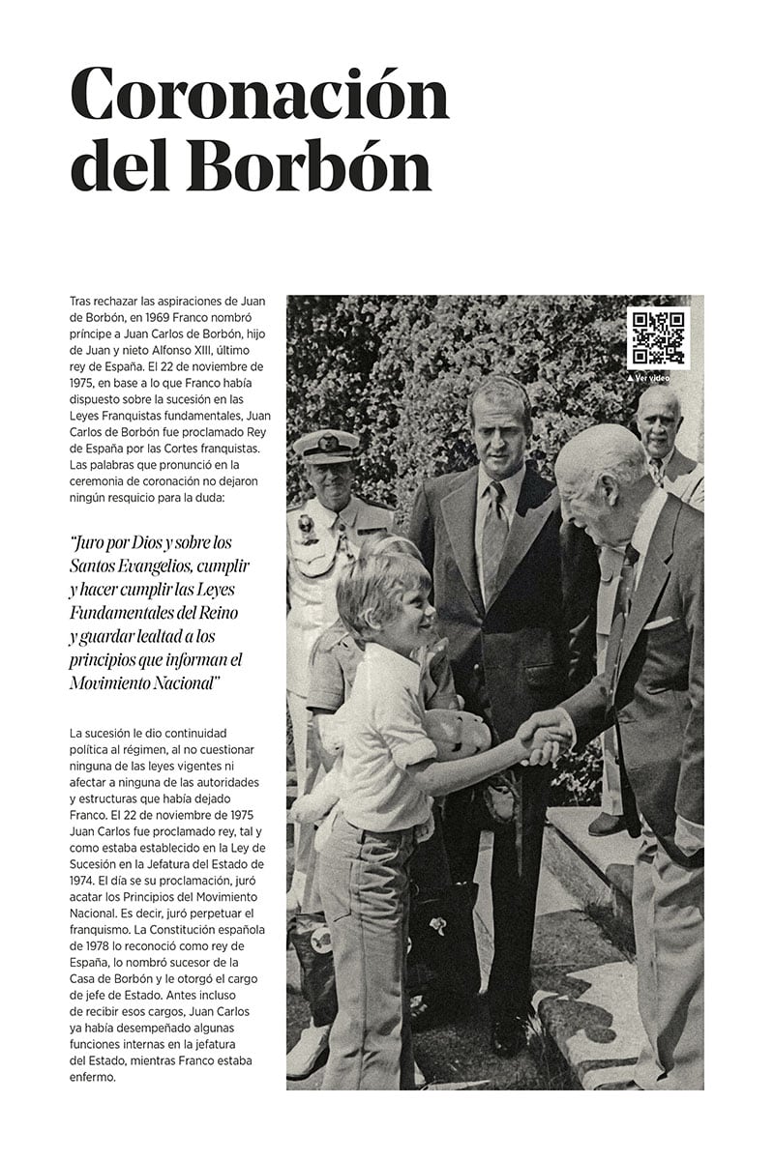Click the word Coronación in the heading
pyautogui.click(x=259, y=97)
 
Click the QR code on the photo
pyautogui.click(x=658, y=337)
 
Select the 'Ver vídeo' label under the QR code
pyautogui.click(x=652, y=378)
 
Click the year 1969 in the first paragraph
pyautogui.click(x=163, y=319)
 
